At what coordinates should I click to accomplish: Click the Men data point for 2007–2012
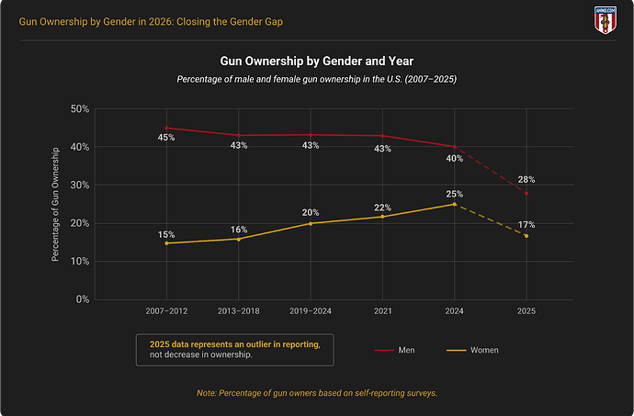(166, 128)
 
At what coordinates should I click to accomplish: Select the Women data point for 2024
(454, 204)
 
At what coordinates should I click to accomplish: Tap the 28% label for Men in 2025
(526, 180)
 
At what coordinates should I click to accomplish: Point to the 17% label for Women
(526, 225)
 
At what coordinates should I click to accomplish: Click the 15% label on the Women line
(166, 233)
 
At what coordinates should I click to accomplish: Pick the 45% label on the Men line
(166, 139)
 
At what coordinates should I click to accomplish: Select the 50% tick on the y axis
(79, 109)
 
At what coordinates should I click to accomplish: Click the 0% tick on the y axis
(82, 299)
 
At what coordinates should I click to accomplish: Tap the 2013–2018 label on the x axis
(238, 312)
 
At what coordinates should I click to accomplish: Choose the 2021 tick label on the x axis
(382, 312)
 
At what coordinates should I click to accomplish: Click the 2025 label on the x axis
(526, 312)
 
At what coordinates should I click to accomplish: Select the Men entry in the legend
(396, 351)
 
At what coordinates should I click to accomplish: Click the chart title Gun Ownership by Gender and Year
(317, 62)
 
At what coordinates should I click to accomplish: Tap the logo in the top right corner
(606, 18)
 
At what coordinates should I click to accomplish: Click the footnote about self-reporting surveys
(317, 393)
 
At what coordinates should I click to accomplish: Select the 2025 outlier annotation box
(234, 350)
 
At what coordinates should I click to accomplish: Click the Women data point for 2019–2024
(311, 223)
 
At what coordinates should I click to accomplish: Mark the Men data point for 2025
(526, 193)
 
